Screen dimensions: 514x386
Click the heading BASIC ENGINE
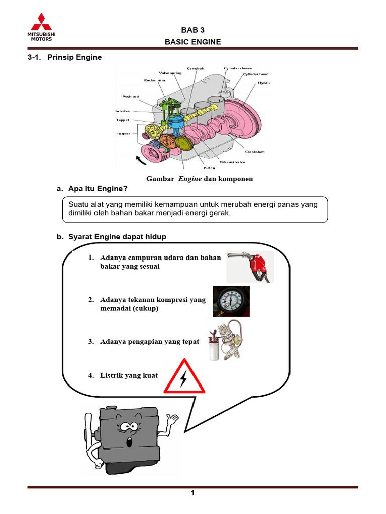(192, 42)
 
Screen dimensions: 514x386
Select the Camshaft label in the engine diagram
(195, 68)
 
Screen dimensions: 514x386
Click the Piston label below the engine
(210, 167)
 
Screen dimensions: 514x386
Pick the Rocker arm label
(154, 80)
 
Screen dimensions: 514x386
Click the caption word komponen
(235, 178)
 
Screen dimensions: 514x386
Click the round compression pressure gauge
(231, 301)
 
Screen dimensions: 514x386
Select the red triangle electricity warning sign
(184, 377)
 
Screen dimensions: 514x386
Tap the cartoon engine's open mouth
(129, 442)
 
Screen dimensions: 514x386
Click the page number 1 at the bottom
(192, 493)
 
